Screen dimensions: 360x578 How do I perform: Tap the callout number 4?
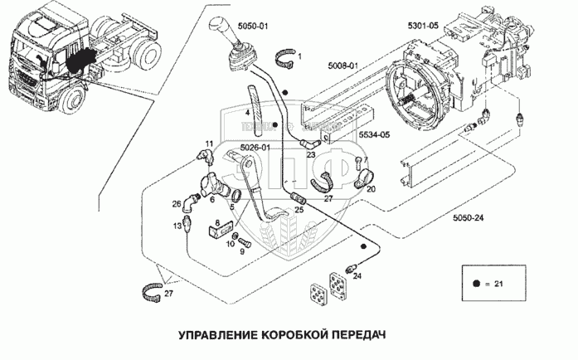pyautogui.click(x=247, y=112)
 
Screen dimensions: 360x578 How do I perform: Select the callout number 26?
pyautogui.click(x=177, y=203)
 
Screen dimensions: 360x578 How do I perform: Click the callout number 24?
pyautogui.click(x=358, y=277)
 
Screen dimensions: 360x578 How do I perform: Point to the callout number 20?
pyautogui.click(x=370, y=189)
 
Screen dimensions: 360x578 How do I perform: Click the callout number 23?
pyautogui.click(x=310, y=155)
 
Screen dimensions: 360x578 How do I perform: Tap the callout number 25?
pyautogui.click(x=299, y=209)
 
